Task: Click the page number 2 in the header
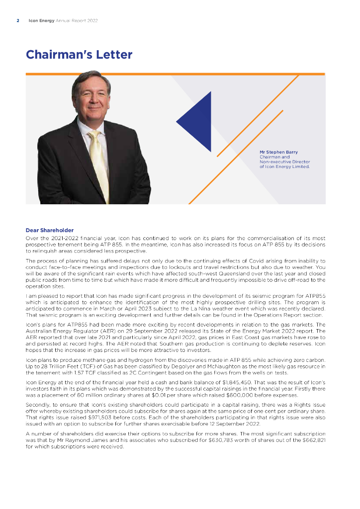coord(18,20)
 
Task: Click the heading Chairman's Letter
coord(79,55)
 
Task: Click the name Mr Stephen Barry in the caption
coord(278,152)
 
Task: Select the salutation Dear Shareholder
coord(49,230)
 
